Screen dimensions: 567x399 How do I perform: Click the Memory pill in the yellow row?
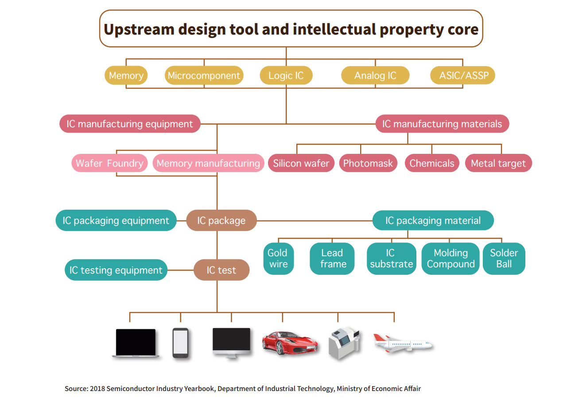click(x=126, y=75)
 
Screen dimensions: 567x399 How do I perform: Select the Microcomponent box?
click(x=204, y=75)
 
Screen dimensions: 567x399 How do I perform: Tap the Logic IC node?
click(x=286, y=75)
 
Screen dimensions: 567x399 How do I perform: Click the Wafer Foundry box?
click(x=109, y=163)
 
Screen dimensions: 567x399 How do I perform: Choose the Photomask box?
click(x=368, y=163)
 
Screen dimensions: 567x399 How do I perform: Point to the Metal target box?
click(x=498, y=163)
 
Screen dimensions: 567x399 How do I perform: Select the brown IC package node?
click(x=221, y=220)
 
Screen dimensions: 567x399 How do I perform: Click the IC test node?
click(x=221, y=270)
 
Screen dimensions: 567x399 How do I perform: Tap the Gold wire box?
click(x=279, y=258)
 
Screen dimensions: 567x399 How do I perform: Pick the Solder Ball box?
click(x=504, y=258)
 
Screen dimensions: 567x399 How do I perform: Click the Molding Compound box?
click(x=450, y=258)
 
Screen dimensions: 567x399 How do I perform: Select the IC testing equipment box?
click(x=116, y=270)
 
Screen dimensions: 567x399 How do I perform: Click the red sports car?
click(x=290, y=343)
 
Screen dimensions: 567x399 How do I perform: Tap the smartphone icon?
click(x=180, y=343)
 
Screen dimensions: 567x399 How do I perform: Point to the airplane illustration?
click(x=403, y=343)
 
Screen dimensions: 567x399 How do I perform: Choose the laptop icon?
click(x=136, y=343)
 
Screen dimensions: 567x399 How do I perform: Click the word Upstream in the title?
click(x=139, y=30)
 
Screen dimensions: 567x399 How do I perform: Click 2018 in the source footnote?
click(x=97, y=389)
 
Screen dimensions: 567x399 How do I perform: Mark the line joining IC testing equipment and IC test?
click(x=180, y=270)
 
